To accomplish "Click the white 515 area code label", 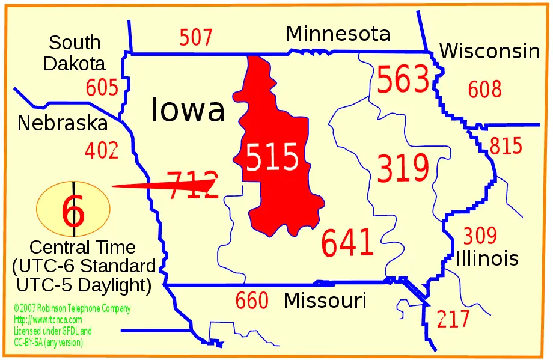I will [x=272, y=158].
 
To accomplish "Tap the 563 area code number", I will [x=403, y=81].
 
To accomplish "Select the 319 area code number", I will [x=403, y=168].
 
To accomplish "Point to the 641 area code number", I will [x=347, y=243].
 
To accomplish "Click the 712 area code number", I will [x=191, y=185].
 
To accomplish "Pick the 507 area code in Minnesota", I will [x=196, y=38].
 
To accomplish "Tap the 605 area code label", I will [x=102, y=88].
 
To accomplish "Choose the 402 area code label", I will [x=102, y=150].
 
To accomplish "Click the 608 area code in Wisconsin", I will [x=484, y=90].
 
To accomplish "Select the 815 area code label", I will [x=506, y=146].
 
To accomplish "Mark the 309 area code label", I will [x=480, y=236].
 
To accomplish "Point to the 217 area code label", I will [x=453, y=319].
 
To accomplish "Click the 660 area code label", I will [x=252, y=301].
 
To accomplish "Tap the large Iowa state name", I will [x=188, y=110].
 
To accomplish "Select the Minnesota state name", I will [x=338, y=34].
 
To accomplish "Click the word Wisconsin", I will [x=489, y=52].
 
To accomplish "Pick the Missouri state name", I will [x=325, y=301].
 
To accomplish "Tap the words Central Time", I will [x=82, y=247].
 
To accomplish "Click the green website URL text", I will [x=47, y=320].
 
